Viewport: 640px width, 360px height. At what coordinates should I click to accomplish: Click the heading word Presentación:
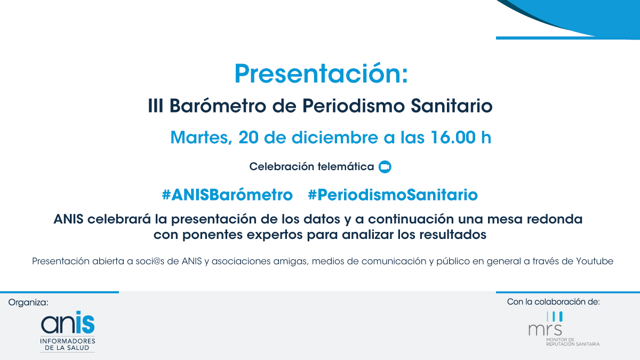(321, 74)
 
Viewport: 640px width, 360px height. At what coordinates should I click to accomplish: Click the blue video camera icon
(385, 167)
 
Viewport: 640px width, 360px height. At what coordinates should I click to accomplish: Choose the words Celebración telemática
(311, 167)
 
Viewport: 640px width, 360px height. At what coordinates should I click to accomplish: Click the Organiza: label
(28, 302)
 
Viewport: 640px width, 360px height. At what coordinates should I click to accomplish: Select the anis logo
(68, 330)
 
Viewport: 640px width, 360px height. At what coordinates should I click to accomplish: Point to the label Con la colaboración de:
(554, 302)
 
